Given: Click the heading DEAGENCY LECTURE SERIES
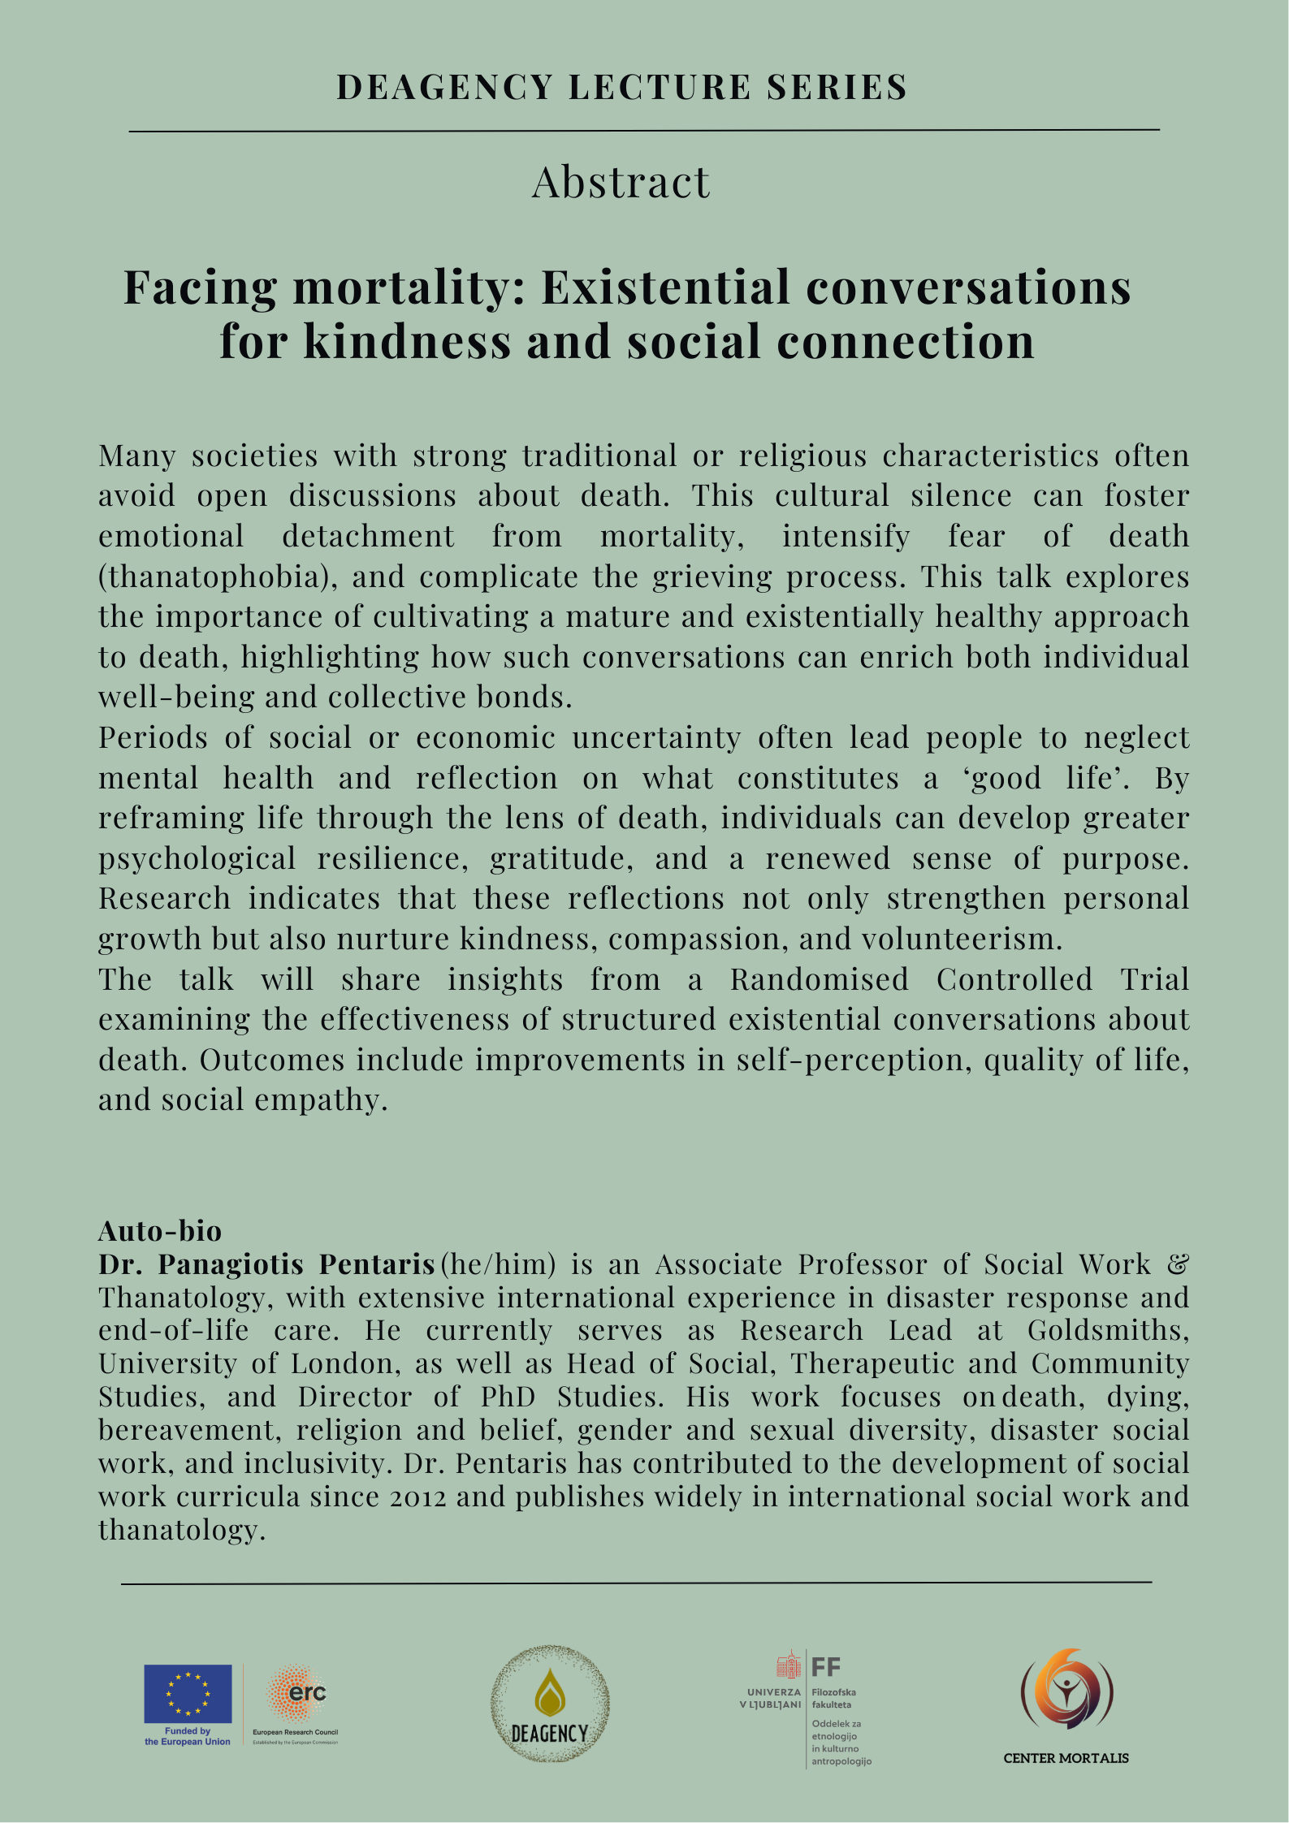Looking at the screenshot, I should tap(621, 88).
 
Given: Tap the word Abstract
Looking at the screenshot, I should tap(621, 182).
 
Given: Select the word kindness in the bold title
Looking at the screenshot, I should tap(407, 342).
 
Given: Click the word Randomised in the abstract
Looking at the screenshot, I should tap(819, 979).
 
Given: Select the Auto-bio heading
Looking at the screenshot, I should tap(160, 1231).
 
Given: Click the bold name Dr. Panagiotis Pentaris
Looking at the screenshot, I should tap(267, 1264).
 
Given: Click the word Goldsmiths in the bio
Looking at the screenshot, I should tap(1108, 1330).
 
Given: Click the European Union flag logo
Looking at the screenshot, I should tap(188, 1694).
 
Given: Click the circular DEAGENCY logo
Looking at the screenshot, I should tap(550, 1704).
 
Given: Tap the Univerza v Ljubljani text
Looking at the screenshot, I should tap(770, 1698).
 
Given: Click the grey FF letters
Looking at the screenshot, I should tap(826, 1668).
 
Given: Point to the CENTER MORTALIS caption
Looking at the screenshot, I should tap(1066, 1758).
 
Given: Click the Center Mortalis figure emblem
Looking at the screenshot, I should tap(1066, 1691).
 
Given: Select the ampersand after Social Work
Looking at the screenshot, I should tap(1178, 1264).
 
